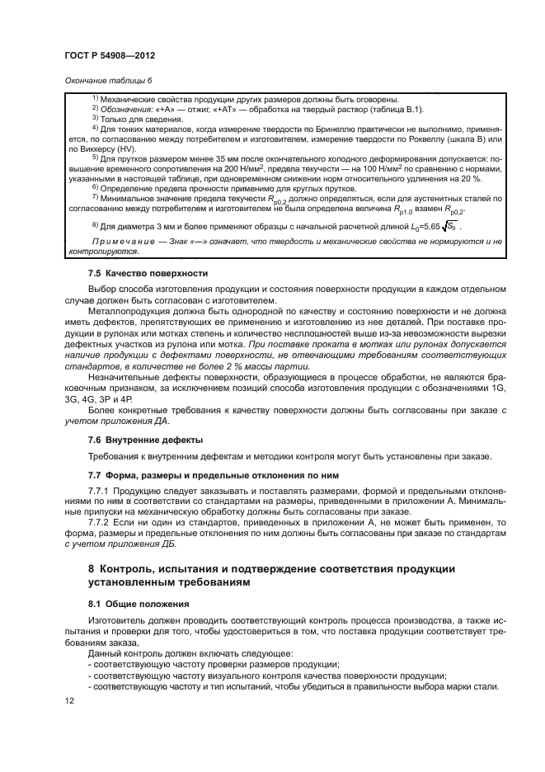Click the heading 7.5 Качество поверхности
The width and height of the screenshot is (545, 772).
coord(136,273)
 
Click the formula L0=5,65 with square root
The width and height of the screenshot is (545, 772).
coord(427,225)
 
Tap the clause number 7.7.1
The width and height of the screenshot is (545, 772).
coord(103,492)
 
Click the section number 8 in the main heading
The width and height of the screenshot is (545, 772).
coord(92,570)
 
